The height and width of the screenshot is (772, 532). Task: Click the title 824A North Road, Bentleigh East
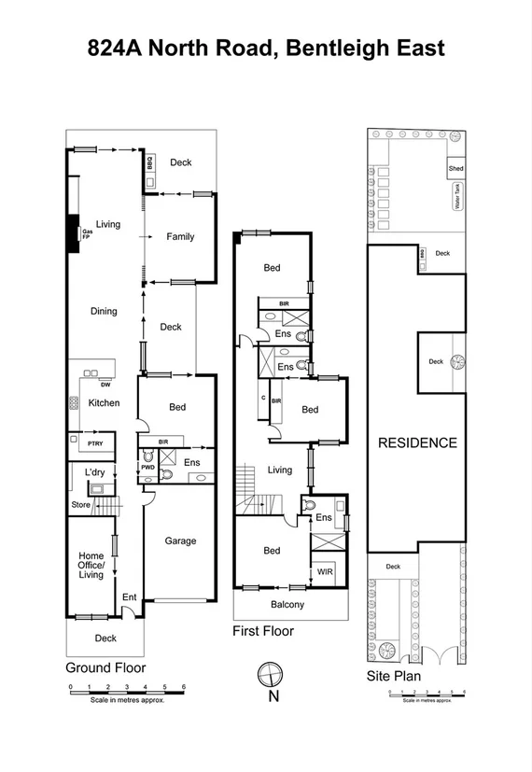pos(266,48)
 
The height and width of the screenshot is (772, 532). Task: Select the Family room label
pos(180,237)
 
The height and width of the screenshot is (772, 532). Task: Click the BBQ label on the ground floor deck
pos(149,163)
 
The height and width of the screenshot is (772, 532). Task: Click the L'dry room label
pos(94,473)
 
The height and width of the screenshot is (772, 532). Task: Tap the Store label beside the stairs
pos(82,505)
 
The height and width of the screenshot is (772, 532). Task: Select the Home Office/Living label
pos(91,566)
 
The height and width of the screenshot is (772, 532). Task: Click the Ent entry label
pos(130,597)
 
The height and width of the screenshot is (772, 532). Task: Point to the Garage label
pos(180,540)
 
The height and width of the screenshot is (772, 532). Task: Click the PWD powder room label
pos(147,468)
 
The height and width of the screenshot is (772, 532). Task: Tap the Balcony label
pos(287,605)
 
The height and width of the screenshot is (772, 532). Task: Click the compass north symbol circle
pos(269,673)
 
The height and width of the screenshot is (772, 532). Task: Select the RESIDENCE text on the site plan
pos(416,442)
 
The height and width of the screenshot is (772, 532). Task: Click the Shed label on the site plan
pos(455,169)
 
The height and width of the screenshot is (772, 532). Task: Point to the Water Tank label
pos(457,198)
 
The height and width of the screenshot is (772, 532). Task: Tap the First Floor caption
pos(263,632)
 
